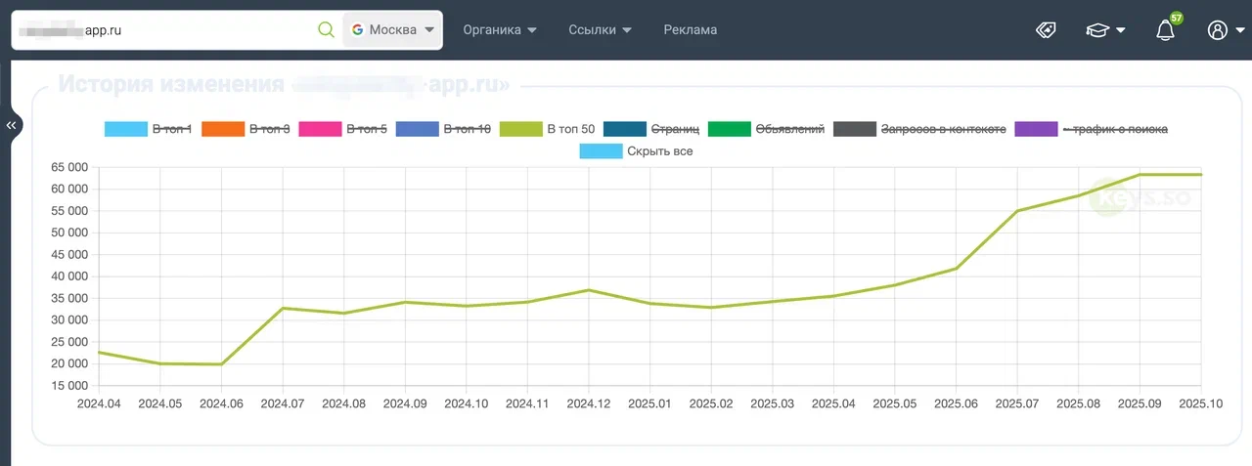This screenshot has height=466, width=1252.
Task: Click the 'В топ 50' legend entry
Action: click(x=547, y=129)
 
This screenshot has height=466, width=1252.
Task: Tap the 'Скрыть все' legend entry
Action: click(x=637, y=151)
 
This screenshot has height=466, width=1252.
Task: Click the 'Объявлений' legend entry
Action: click(x=778, y=129)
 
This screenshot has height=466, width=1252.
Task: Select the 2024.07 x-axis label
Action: click(x=282, y=402)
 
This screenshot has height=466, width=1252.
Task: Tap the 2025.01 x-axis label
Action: click(x=650, y=402)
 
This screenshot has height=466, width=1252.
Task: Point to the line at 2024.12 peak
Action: click(x=589, y=290)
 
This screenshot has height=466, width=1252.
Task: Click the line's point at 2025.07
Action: click(x=1017, y=211)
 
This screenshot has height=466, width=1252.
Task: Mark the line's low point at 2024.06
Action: click(x=221, y=364)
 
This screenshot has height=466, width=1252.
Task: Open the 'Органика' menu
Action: click(x=500, y=30)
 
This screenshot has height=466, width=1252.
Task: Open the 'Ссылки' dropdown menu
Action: click(x=600, y=30)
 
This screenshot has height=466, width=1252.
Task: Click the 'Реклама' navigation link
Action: click(x=691, y=30)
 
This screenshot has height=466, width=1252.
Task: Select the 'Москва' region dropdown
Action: click(x=392, y=30)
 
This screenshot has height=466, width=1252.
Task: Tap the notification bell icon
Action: click(x=1165, y=31)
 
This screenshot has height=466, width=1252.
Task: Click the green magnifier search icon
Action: click(x=327, y=30)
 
